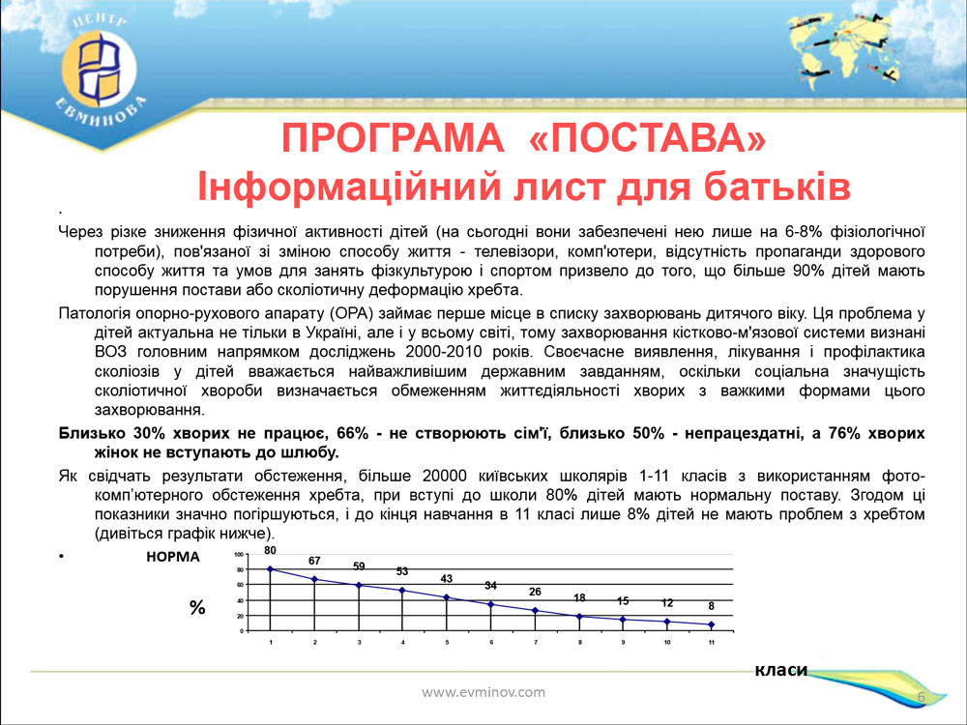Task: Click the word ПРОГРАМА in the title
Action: point(393,137)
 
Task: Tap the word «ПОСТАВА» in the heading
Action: point(648,137)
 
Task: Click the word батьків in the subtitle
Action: point(777,186)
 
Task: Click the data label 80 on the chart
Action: point(270,551)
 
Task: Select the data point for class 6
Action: point(491,604)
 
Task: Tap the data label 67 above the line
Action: point(314,561)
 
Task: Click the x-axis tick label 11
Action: point(711,643)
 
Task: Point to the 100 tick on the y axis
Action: point(239,554)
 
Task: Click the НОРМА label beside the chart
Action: point(173,557)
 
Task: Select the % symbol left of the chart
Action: point(196,608)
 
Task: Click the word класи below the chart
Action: point(780,670)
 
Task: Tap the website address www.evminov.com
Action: point(483,692)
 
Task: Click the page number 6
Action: point(922,697)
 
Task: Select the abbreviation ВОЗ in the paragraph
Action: point(110,352)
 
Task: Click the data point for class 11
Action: point(711,624)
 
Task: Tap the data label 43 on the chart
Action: point(447,579)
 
